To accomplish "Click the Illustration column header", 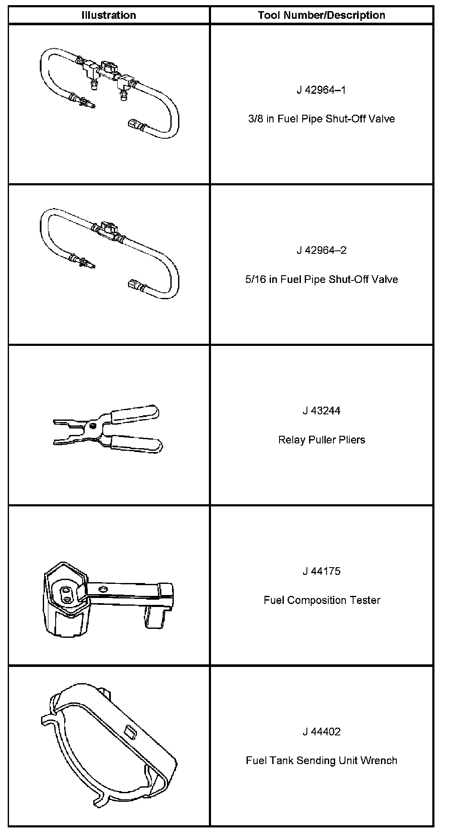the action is [x=109, y=15].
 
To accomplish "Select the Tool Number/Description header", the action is [x=321, y=15].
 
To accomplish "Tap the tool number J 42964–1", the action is [x=321, y=90].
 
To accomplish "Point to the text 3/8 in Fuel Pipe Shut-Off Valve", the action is [x=321, y=119].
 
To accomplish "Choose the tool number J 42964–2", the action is [x=321, y=250].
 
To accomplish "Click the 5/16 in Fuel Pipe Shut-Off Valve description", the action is [x=321, y=279].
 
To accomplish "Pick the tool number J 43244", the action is [x=321, y=411].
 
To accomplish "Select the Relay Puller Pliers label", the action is [x=321, y=440].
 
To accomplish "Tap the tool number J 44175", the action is [x=321, y=571].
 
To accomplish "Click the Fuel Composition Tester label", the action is [x=321, y=600].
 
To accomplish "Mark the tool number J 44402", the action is [x=321, y=732].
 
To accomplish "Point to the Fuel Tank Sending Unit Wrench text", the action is [x=321, y=761].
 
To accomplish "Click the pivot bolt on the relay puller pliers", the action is [x=92, y=426].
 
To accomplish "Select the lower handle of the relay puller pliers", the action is [x=136, y=444].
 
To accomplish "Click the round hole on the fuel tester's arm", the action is [x=102, y=590].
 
